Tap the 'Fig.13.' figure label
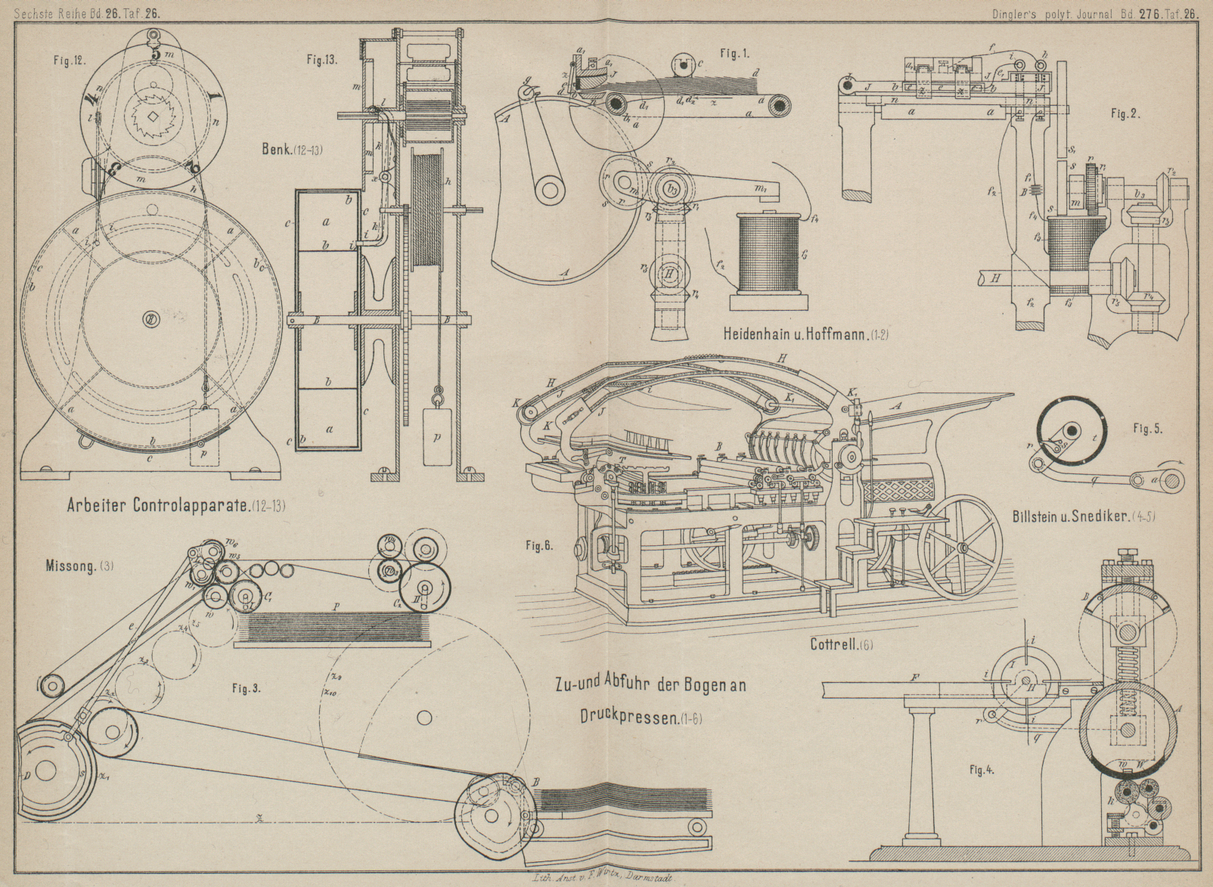[x=322, y=58]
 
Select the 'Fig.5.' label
[x=1147, y=429]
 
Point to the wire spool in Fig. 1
[x=768, y=253]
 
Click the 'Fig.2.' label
[x=1125, y=114]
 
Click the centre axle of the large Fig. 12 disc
[x=151, y=320]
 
